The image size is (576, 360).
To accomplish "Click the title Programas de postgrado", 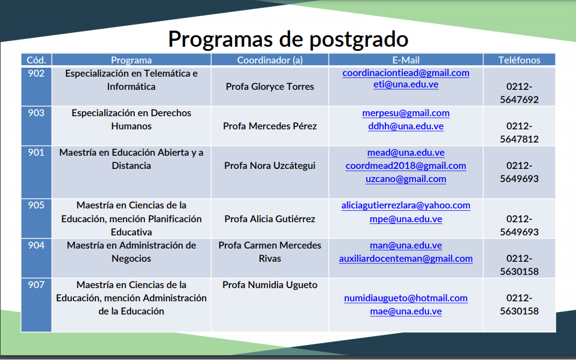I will point(288,39).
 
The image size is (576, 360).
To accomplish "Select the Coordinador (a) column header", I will point(270,60).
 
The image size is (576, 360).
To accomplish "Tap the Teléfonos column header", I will point(519,60).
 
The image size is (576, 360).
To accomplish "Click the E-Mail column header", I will point(406,60).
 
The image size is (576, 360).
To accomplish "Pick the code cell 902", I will point(36,74).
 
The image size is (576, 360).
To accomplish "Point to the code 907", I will point(36,285).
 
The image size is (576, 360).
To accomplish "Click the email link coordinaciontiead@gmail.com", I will point(406,73).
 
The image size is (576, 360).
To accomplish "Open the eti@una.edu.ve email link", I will point(406,84).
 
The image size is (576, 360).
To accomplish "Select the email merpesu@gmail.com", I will point(406,113).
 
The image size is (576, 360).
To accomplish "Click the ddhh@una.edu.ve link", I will point(406,126).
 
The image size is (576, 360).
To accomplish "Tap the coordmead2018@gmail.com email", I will point(406,166).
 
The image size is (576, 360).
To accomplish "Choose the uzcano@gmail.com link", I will point(406,179).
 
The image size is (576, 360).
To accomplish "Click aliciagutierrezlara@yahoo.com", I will point(406,205).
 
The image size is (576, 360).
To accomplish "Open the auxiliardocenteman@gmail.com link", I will point(406,259).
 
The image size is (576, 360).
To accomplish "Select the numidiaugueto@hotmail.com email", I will point(406,298).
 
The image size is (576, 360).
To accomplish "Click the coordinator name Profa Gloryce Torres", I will point(270,87).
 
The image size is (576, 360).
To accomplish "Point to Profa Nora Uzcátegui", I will point(270,166).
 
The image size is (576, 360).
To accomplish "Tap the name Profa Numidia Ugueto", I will point(270,285).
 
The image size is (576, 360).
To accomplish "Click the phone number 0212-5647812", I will point(519,133).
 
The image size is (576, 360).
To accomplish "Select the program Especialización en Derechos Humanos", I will point(131,120).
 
